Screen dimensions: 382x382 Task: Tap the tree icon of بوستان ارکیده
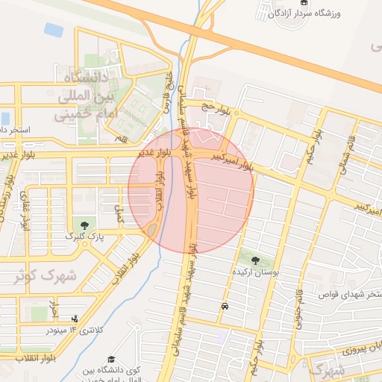coord(256,261)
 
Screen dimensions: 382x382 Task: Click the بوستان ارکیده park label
coord(256,274)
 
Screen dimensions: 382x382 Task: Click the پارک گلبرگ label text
coord(84,237)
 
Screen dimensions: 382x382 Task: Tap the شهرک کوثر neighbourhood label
coord(45,275)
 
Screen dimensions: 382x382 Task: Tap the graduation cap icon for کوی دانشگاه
coord(111,360)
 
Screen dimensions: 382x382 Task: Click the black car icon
coord(224,306)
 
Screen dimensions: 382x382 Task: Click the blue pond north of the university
coord(53,30)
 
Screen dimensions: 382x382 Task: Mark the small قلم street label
coord(119,138)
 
